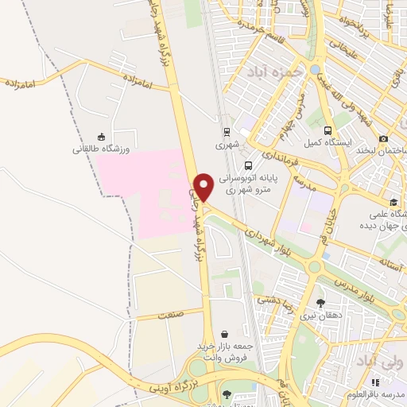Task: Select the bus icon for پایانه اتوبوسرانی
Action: coord(250,165)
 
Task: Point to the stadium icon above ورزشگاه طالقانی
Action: coord(100,136)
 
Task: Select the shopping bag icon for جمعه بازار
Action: coord(227,334)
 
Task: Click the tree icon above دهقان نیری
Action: coord(320,302)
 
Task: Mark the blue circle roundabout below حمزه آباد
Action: coord(316,71)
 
